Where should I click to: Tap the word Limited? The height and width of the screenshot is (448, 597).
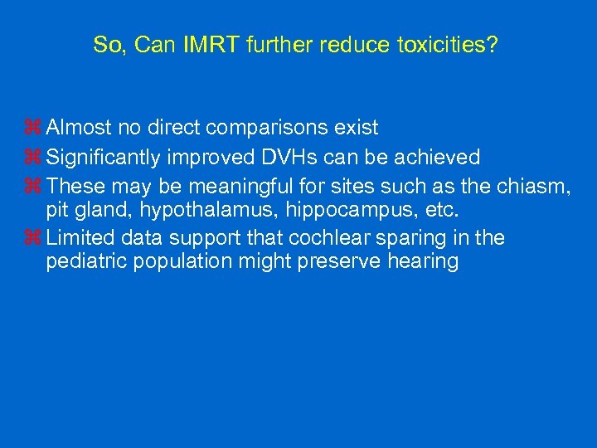pyautogui.click(x=81, y=239)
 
